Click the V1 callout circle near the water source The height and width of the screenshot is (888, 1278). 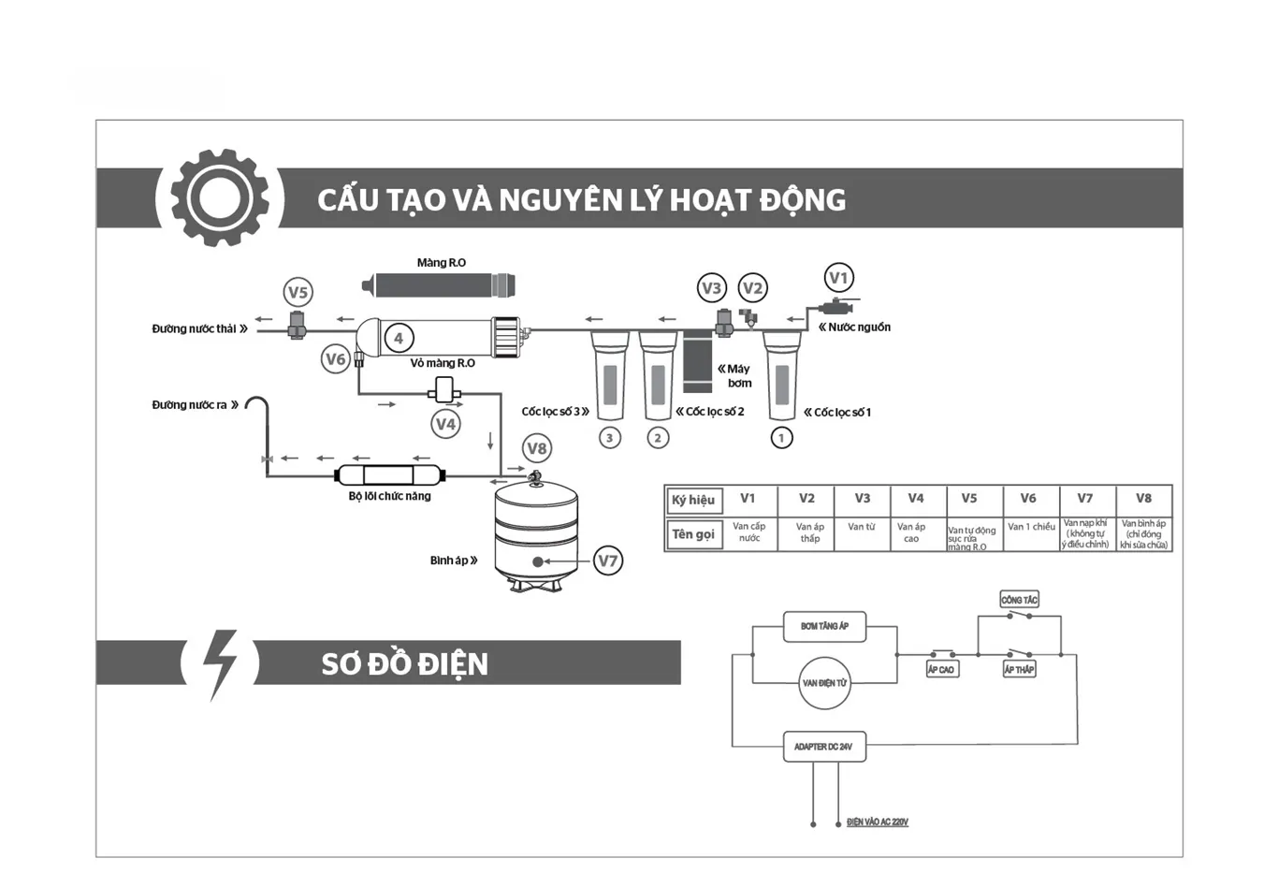(x=838, y=278)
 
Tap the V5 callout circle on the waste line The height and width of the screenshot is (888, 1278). (x=298, y=292)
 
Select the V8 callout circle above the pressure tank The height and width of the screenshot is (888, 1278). (x=536, y=448)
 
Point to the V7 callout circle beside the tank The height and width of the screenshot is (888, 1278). (x=608, y=560)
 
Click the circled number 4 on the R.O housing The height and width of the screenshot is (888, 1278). (x=399, y=339)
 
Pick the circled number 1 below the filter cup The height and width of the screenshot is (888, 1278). (x=781, y=437)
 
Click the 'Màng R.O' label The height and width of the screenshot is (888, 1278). (x=442, y=263)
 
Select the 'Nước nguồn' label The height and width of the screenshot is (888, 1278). (x=859, y=328)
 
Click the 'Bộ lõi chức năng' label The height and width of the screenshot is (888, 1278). (x=389, y=496)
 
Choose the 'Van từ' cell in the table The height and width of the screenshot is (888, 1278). (x=862, y=527)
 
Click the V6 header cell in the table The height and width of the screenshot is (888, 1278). (x=1028, y=499)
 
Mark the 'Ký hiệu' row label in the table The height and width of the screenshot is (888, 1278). (x=693, y=500)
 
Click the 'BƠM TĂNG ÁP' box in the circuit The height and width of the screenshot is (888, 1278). (x=824, y=626)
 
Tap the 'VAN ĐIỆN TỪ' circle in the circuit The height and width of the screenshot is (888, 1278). (x=824, y=683)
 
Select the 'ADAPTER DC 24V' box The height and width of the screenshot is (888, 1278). (x=823, y=747)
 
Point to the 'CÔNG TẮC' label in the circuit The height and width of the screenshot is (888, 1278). (x=1019, y=600)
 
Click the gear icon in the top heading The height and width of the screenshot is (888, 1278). (x=219, y=197)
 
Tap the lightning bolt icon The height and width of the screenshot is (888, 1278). (x=221, y=662)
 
